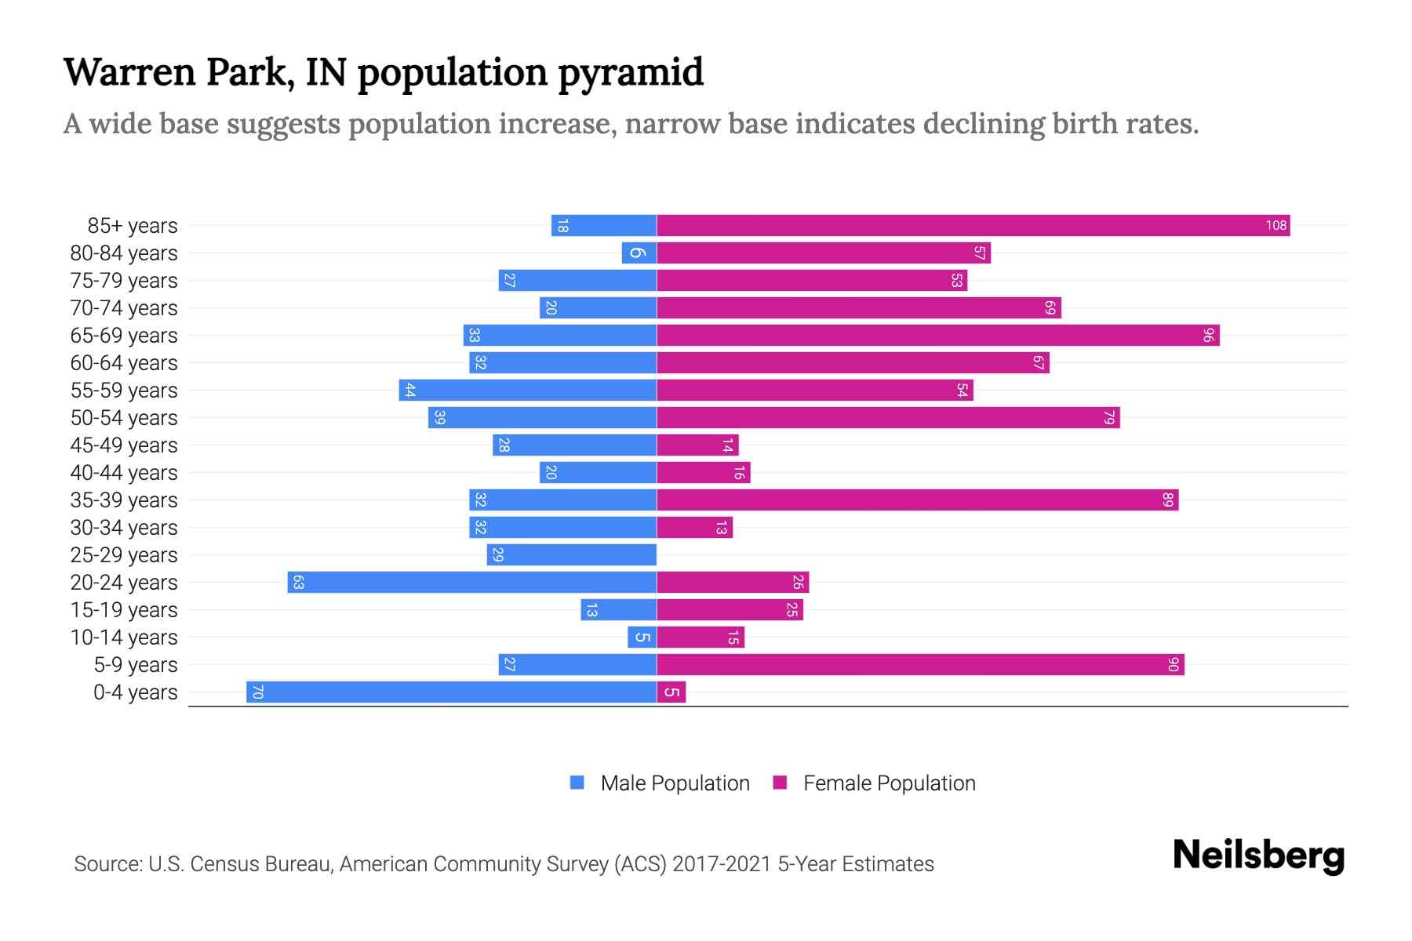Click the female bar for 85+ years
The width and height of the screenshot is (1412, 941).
pyautogui.click(x=973, y=226)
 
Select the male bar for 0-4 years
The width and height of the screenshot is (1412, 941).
pyautogui.click(x=451, y=692)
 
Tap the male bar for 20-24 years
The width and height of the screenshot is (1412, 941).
pyautogui.click(x=471, y=583)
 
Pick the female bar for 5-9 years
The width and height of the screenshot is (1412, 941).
pyautogui.click(x=920, y=665)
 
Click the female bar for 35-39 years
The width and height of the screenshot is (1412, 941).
pyautogui.click(x=917, y=500)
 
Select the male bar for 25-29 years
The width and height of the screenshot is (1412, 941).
pyautogui.click(x=571, y=555)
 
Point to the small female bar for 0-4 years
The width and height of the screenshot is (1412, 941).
pyautogui.click(x=671, y=692)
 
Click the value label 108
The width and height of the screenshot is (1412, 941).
pyautogui.click(x=1276, y=226)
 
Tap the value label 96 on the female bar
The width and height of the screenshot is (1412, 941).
pyautogui.click(x=1208, y=336)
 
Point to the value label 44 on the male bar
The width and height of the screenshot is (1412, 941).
pyautogui.click(x=409, y=391)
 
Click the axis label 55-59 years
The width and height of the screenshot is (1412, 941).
pyautogui.click(x=124, y=391)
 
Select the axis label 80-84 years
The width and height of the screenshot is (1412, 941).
pyautogui.click(x=124, y=253)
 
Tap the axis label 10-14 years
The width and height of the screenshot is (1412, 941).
pyautogui.click(x=124, y=638)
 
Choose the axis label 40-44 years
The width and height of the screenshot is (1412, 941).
pyautogui.click(x=124, y=473)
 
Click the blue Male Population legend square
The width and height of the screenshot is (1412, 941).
pyautogui.click(x=577, y=783)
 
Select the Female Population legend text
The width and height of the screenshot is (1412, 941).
pyautogui.click(x=889, y=783)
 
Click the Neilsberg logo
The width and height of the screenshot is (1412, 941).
pyautogui.click(x=1258, y=855)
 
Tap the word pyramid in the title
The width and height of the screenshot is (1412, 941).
pyautogui.click(x=631, y=72)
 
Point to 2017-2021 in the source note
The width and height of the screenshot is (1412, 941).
pyautogui.click(x=722, y=864)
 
